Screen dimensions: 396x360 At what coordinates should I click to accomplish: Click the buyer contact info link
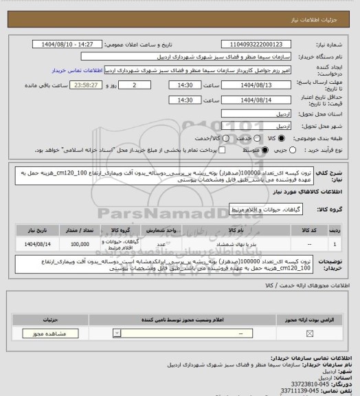point(76,70)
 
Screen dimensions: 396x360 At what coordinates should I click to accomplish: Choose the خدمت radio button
point(232,138)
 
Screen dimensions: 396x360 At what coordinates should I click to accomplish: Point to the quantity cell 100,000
point(80,243)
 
